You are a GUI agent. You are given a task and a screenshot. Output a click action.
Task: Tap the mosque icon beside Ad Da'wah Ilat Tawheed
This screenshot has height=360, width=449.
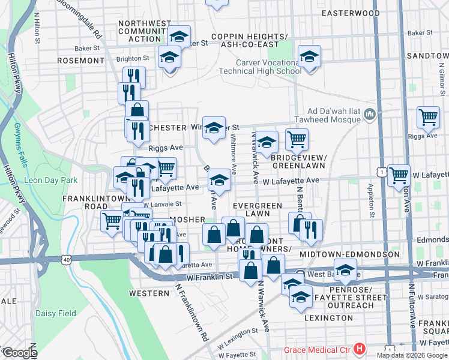tap(370, 114)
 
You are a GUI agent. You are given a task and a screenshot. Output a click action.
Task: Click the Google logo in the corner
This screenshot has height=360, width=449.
tap(20, 352)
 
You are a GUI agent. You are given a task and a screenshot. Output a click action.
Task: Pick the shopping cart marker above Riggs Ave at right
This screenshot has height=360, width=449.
tap(428, 117)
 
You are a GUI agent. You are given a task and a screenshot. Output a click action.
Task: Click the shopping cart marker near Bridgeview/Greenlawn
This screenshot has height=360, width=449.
tap(297, 140)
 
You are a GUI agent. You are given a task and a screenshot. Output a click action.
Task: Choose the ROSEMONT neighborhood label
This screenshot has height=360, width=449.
tap(80, 61)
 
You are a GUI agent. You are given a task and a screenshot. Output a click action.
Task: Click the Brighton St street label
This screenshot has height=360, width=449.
tap(133, 58)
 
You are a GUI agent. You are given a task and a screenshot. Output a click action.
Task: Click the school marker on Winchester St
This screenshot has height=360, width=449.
tap(214, 127)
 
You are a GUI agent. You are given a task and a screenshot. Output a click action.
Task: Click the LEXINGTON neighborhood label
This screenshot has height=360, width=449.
tap(328, 317)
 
